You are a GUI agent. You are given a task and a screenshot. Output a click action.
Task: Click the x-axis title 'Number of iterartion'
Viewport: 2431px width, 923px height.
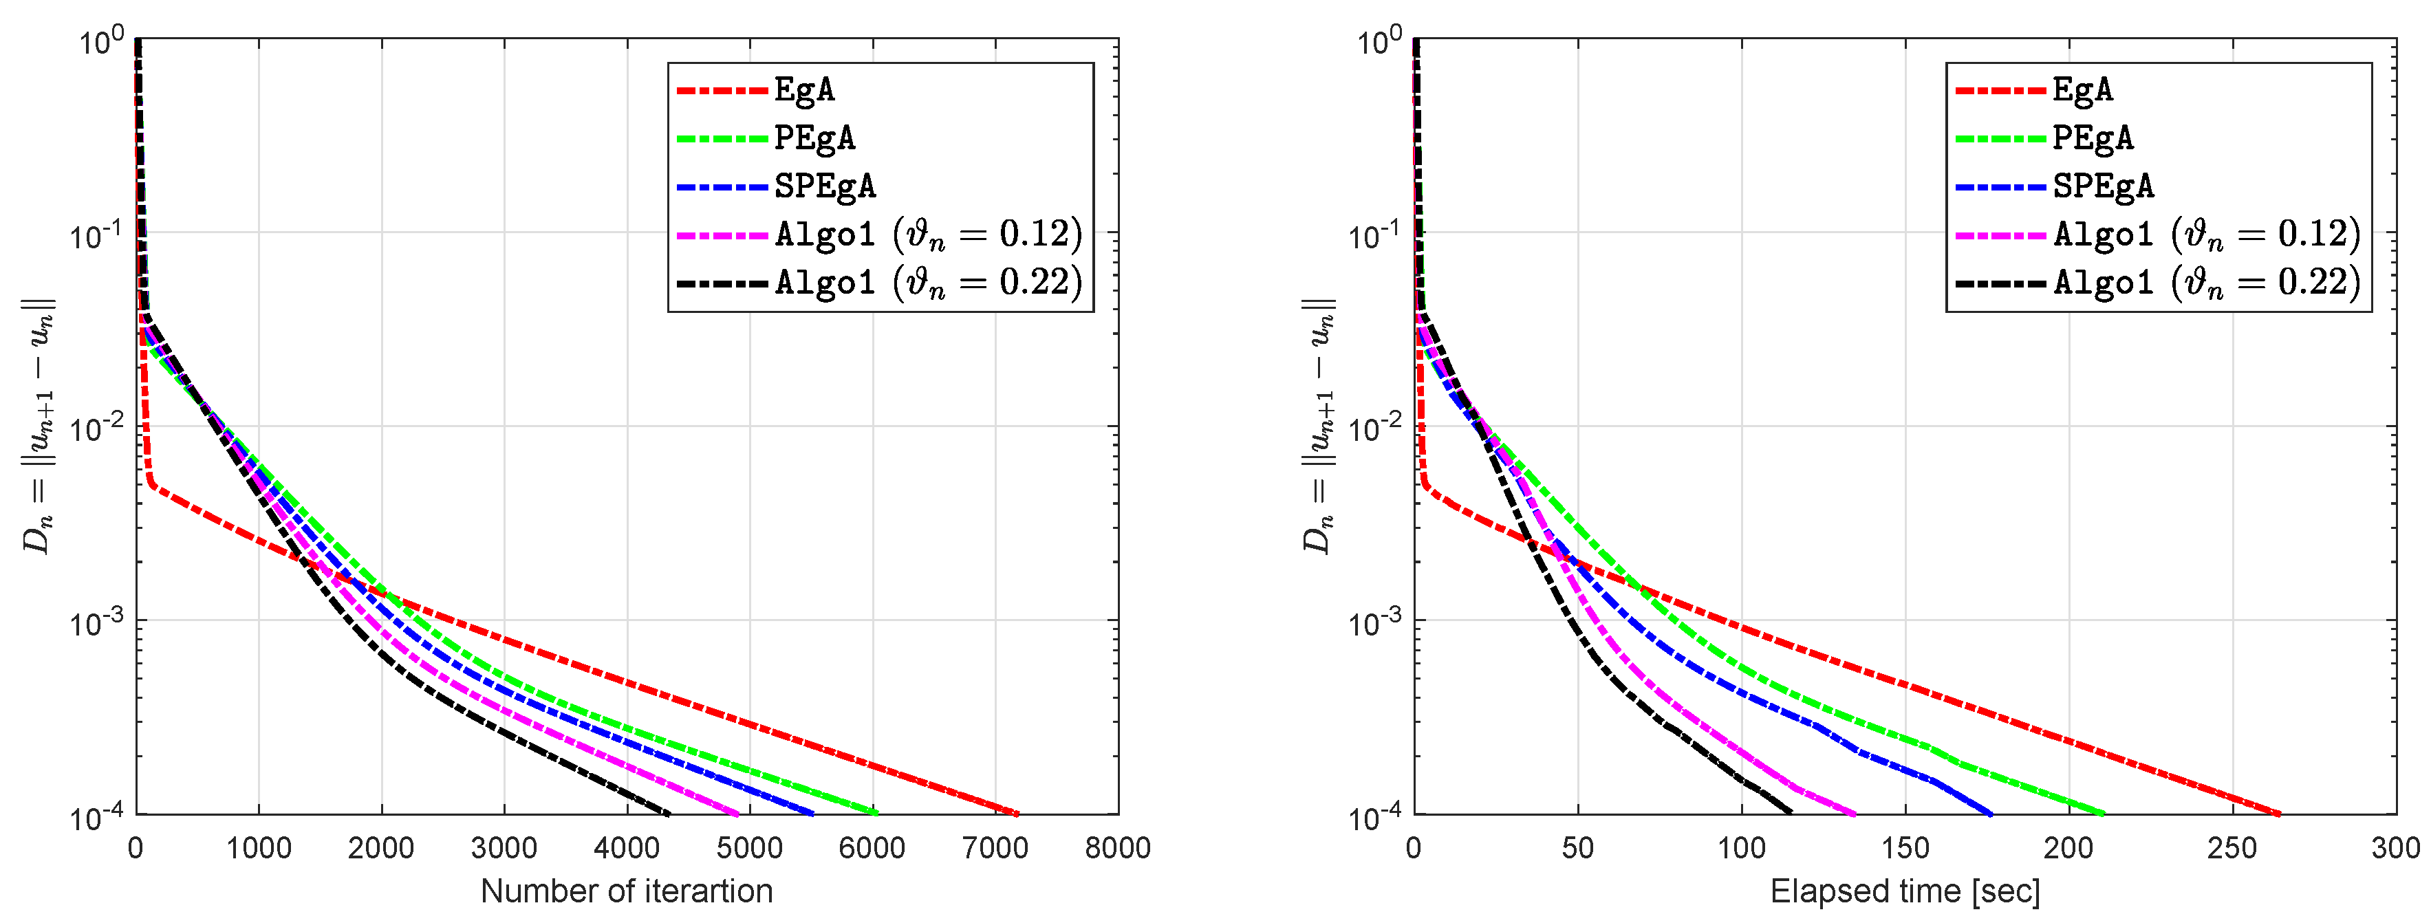(x=627, y=891)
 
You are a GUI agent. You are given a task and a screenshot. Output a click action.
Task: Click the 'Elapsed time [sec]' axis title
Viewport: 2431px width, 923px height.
(x=1904, y=891)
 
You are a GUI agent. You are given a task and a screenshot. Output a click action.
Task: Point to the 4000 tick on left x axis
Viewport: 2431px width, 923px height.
(x=627, y=847)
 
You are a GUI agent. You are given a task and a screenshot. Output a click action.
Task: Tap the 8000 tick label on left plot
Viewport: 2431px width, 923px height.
(x=1117, y=847)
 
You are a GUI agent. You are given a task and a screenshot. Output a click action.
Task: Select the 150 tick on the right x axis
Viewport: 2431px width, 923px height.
(x=1904, y=847)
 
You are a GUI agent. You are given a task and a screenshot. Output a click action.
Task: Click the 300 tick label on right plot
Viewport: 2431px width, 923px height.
(x=2395, y=847)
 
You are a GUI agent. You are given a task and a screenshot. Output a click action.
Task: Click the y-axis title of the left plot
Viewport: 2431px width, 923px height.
(x=39, y=426)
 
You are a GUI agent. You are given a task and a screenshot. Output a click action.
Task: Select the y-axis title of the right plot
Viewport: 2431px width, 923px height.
(x=1317, y=426)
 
